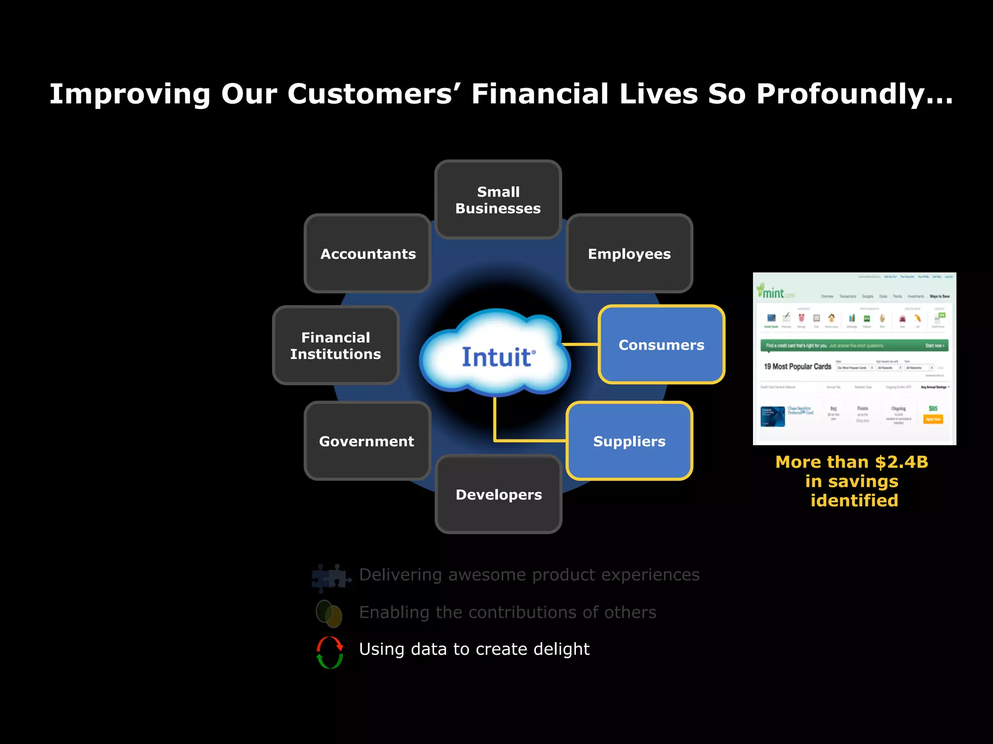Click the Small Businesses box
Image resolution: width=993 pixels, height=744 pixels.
[498, 200]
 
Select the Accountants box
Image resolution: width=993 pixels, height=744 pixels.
[368, 253]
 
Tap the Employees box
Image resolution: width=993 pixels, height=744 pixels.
[629, 253]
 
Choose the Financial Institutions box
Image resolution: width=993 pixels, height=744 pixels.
[336, 345]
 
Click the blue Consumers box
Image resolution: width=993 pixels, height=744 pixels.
[661, 344]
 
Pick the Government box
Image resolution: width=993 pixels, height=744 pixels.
[367, 441]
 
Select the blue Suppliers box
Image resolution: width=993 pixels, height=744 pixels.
[629, 441]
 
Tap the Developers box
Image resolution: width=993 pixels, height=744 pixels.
[498, 494]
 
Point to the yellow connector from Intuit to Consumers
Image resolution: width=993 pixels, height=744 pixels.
[580, 344]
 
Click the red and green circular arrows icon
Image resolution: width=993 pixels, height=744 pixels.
[330, 652]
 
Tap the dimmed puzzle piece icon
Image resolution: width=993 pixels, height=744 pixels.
[331, 577]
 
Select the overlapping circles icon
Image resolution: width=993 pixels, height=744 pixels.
[329, 613]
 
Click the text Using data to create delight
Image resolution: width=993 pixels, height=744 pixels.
[474, 649]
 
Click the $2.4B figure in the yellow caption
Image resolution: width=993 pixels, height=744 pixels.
[901, 462]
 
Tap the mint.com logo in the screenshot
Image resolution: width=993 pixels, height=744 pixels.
[775, 292]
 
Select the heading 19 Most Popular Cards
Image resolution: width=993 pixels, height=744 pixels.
[797, 367]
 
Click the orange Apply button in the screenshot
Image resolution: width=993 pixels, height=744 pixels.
[933, 419]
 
